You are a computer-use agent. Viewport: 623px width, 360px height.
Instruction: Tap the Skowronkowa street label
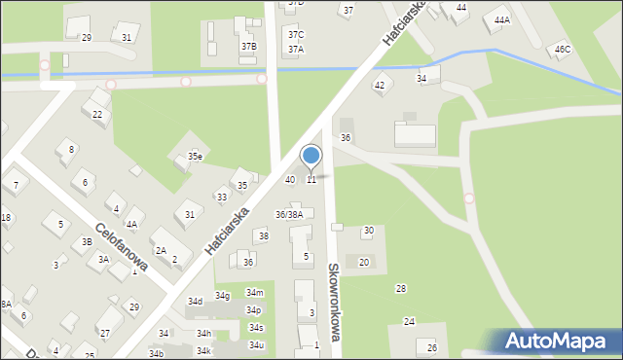click(333, 303)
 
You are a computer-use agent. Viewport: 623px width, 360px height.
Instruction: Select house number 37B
click(248, 46)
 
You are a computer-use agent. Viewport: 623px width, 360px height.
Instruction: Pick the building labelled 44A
click(502, 19)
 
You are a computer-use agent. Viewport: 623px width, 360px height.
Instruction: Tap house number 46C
click(563, 49)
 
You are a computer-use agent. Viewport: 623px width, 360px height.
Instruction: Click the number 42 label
click(380, 86)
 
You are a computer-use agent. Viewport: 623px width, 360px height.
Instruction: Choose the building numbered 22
click(97, 114)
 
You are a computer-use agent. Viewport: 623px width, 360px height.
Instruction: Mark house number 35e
click(196, 156)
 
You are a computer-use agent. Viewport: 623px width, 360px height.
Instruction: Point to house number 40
click(289, 180)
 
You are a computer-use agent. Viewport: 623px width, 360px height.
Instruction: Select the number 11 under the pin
click(311, 179)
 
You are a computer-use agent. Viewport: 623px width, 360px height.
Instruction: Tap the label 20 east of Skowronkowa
click(364, 262)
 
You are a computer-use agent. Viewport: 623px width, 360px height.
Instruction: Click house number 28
click(401, 289)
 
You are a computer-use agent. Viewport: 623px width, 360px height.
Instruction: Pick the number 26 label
click(432, 347)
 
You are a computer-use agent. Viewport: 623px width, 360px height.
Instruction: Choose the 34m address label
click(254, 293)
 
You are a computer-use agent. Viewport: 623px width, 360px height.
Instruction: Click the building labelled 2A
click(162, 250)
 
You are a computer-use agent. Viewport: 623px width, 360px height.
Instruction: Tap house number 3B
click(87, 241)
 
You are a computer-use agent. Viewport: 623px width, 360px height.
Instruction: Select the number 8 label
click(71, 149)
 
